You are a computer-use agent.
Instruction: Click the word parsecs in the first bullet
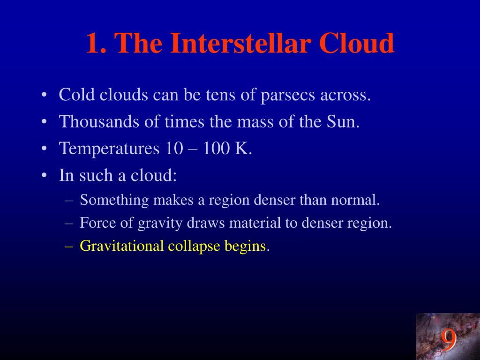click(x=288, y=95)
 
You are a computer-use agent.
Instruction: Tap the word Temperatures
click(x=109, y=149)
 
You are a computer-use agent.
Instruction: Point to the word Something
click(x=114, y=201)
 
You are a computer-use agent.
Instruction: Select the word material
click(x=255, y=223)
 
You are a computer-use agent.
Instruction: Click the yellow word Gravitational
click(x=121, y=246)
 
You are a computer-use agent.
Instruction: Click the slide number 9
click(x=449, y=339)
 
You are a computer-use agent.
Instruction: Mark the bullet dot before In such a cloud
click(x=44, y=176)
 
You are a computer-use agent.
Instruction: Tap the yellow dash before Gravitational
click(x=69, y=247)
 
